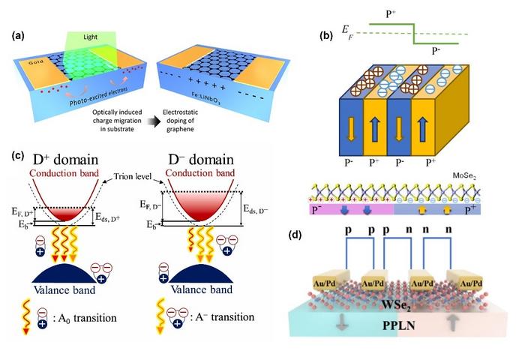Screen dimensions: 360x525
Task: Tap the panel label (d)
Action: (x=298, y=234)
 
